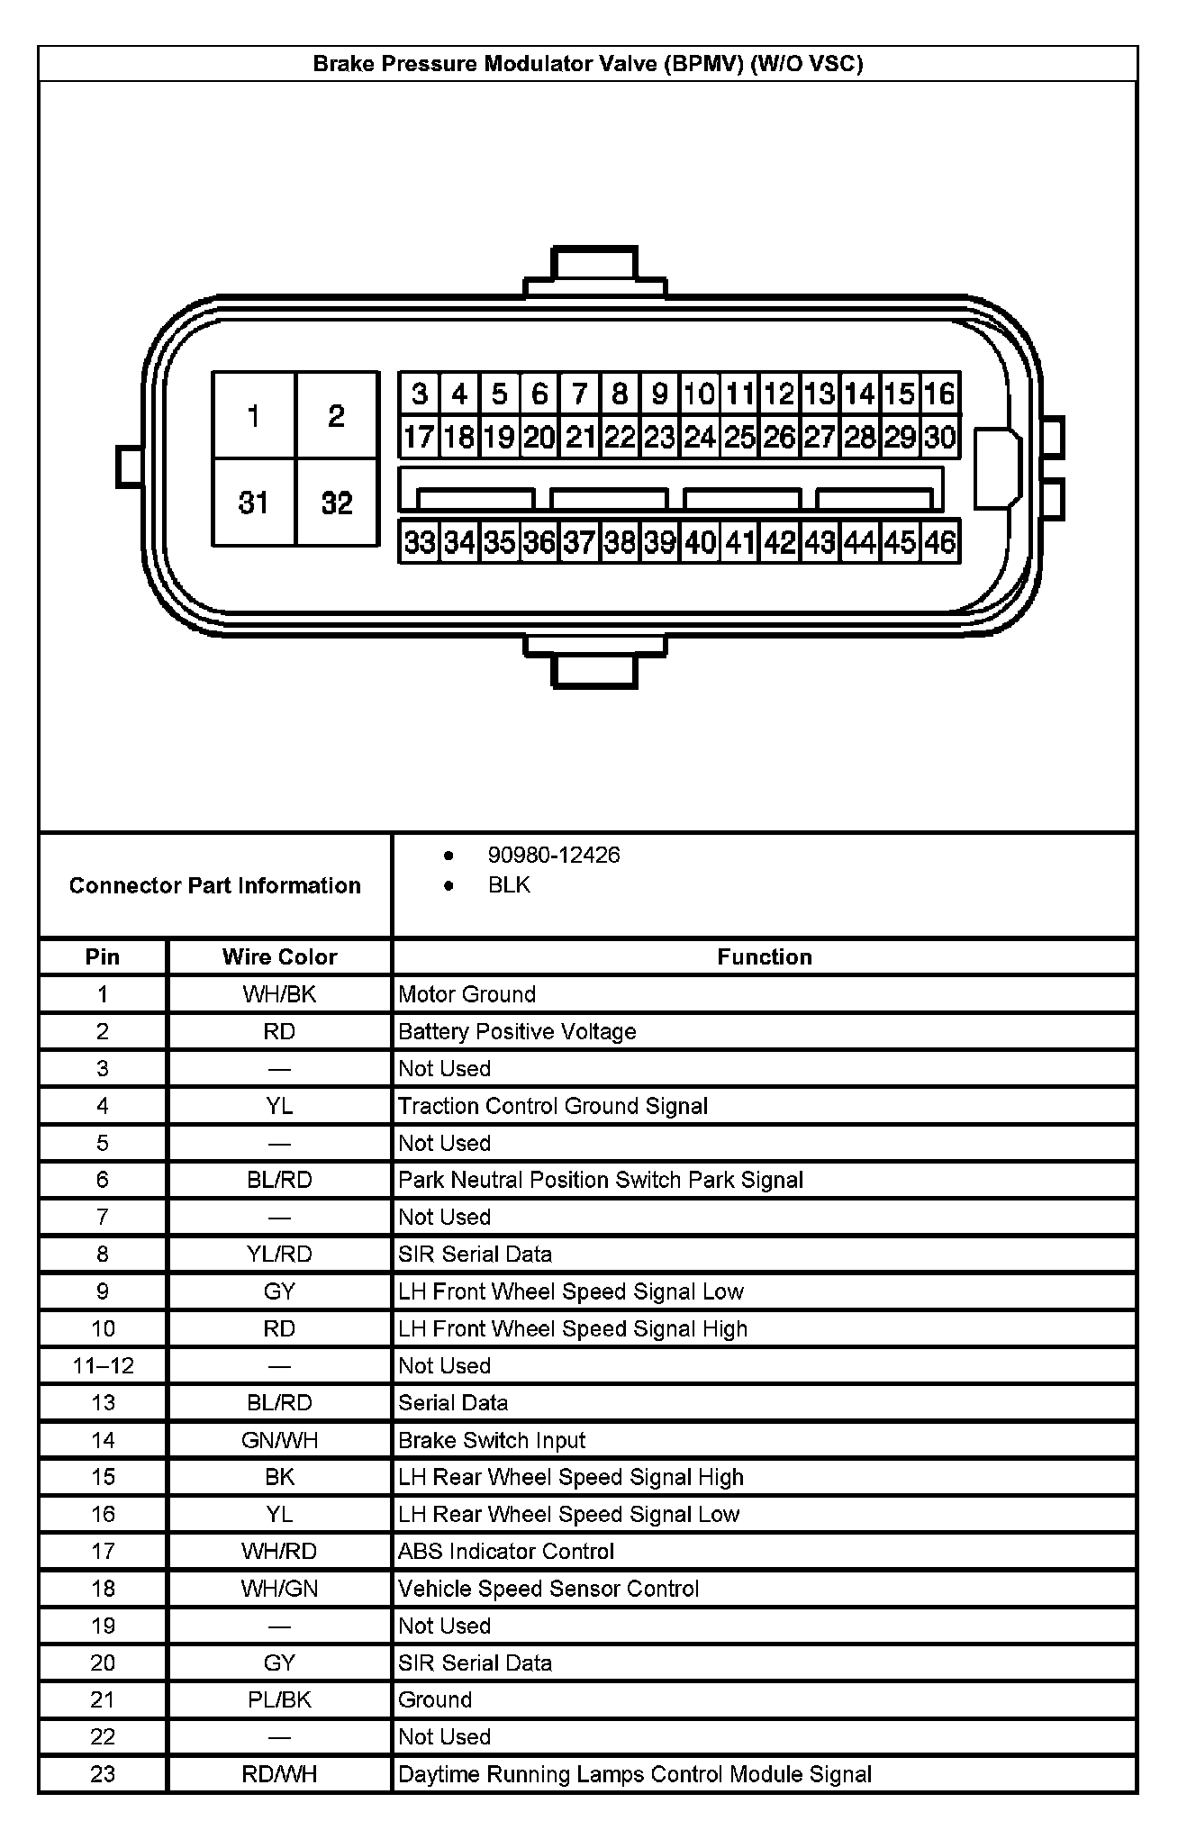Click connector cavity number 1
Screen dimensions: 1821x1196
pos(253,415)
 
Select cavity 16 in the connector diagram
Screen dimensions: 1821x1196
pos(939,394)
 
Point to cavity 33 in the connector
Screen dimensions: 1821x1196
pos(420,542)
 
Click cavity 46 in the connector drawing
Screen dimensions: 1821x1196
pos(939,542)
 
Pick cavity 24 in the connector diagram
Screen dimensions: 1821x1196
pos(700,438)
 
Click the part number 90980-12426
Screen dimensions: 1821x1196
pos(553,855)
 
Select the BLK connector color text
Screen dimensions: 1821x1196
pos(509,885)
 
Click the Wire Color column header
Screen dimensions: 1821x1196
pos(279,956)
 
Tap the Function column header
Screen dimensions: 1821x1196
pos(764,956)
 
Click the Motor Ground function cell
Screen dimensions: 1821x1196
pos(467,994)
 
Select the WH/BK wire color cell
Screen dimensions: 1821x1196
pos(279,994)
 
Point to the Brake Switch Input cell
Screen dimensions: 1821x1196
pos(492,1440)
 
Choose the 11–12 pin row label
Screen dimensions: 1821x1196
pos(103,1365)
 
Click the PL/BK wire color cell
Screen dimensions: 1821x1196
pos(279,1699)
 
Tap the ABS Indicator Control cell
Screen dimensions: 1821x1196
pos(506,1551)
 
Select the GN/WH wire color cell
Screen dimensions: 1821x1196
pos(279,1440)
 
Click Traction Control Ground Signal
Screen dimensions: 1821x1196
pos(553,1106)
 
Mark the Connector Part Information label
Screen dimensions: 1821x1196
pos(214,885)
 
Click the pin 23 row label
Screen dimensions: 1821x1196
pos(103,1773)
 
